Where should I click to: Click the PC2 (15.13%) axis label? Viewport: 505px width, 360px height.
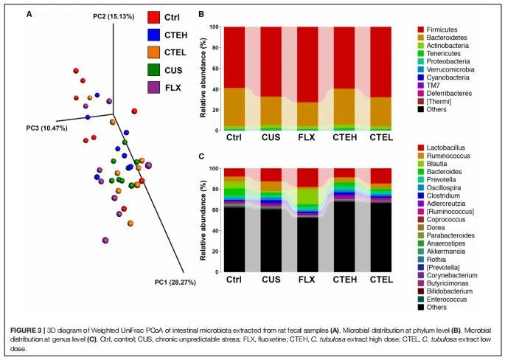[x=114, y=16]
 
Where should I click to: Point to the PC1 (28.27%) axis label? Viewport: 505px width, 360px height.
[x=175, y=283]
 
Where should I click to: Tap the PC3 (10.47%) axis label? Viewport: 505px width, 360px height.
[x=47, y=128]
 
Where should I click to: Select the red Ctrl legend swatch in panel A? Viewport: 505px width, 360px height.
[x=153, y=18]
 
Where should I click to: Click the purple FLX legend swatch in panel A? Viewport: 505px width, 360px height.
[x=153, y=87]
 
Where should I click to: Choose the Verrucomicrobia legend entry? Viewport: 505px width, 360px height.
[x=446, y=69]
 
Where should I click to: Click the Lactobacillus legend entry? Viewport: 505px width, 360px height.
[x=442, y=148]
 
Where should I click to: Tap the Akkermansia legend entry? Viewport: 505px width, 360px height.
[x=442, y=252]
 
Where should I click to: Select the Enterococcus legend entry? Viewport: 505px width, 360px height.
[x=442, y=300]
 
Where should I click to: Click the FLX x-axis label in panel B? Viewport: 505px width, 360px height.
[x=307, y=138]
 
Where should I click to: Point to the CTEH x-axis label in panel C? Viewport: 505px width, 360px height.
[x=345, y=280]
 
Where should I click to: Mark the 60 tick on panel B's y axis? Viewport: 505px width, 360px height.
[x=215, y=69]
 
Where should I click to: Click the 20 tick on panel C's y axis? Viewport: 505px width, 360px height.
[x=215, y=252]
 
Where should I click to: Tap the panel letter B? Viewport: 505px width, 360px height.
[x=201, y=14]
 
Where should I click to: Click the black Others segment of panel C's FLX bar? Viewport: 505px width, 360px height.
[x=307, y=245]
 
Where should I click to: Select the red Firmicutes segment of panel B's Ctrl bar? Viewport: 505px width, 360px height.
[x=234, y=58]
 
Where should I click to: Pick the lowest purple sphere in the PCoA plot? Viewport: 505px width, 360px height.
[x=105, y=240]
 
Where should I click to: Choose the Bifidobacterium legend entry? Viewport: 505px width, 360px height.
[x=445, y=291]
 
